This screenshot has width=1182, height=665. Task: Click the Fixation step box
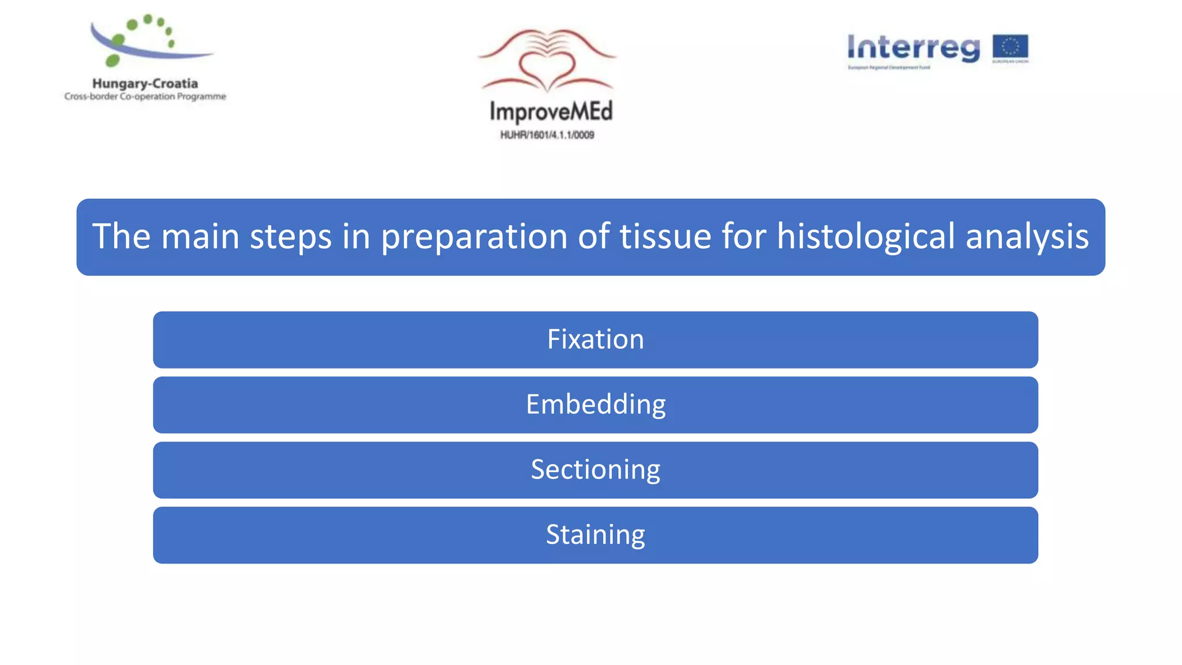coord(595,339)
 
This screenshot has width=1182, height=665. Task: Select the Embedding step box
coord(595,405)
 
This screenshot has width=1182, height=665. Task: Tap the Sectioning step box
coord(595,470)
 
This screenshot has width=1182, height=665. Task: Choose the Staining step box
coord(595,535)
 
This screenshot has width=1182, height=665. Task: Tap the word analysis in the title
coord(1027,237)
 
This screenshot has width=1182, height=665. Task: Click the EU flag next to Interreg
coord(1010,47)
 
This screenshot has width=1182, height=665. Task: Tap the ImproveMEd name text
coord(551,111)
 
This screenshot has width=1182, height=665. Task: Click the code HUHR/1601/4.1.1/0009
coord(547,135)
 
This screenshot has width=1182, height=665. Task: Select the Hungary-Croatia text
coord(145,84)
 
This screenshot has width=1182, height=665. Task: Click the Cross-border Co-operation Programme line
coord(145,96)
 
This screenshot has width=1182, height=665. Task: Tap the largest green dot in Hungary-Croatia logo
coord(113,59)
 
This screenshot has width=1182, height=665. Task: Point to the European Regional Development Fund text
coord(889,68)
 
